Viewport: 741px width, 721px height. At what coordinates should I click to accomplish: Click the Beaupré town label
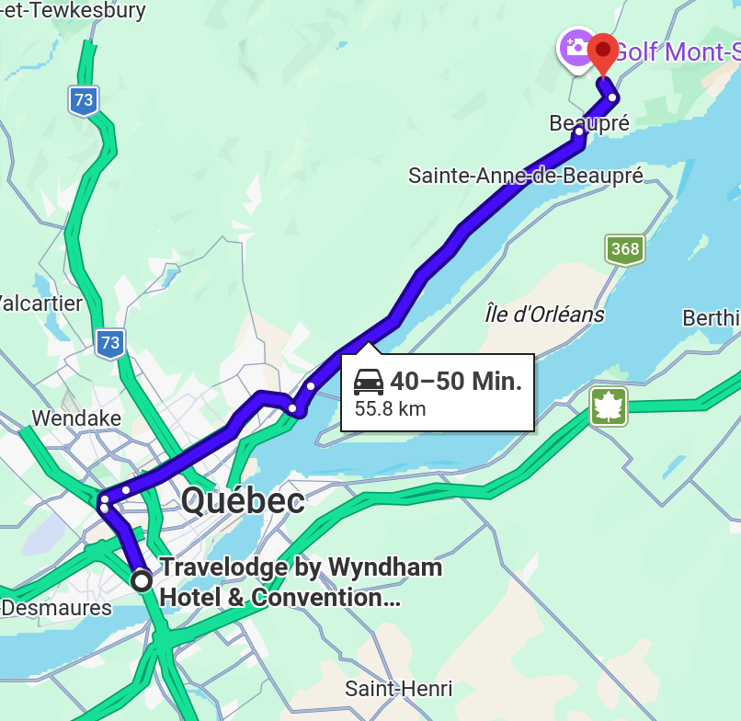pos(589,123)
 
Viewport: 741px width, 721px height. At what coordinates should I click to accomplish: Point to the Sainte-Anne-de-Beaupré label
pos(526,175)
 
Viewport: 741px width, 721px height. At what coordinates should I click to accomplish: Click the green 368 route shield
pos(624,249)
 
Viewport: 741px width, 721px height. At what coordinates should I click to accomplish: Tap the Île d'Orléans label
pos(544,315)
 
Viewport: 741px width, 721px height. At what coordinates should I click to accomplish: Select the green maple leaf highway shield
pos(609,406)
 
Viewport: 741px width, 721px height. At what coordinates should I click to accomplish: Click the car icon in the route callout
pos(369,381)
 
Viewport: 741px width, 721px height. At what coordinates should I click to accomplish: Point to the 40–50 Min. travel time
pos(456,381)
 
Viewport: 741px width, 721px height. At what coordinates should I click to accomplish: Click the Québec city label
pos(243,501)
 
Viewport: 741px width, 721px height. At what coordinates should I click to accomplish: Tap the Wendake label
pos(76,418)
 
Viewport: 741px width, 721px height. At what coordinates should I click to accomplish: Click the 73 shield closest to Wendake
pos(110,343)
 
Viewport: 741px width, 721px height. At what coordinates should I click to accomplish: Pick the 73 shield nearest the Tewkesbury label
pos(84,100)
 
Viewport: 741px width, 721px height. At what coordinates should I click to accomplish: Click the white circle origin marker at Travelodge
pos(142,580)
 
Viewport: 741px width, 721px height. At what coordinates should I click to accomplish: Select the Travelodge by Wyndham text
pos(301,567)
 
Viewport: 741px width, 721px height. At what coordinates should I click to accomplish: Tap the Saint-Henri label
pos(398,688)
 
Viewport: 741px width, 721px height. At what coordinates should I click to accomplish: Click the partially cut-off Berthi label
pos(711,318)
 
